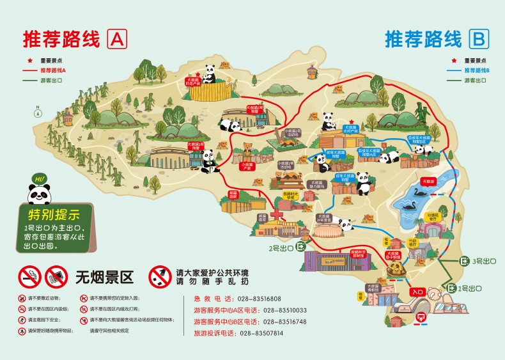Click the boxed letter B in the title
[478, 40]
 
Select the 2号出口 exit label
[281, 247]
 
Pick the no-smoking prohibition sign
[29, 276]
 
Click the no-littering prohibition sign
[160, 276]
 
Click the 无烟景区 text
[104, 277]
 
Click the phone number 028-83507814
[257, 333]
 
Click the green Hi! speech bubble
[40, 178]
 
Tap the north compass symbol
[38, 110]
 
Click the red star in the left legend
[29, 60]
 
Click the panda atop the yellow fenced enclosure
[210, 73]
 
